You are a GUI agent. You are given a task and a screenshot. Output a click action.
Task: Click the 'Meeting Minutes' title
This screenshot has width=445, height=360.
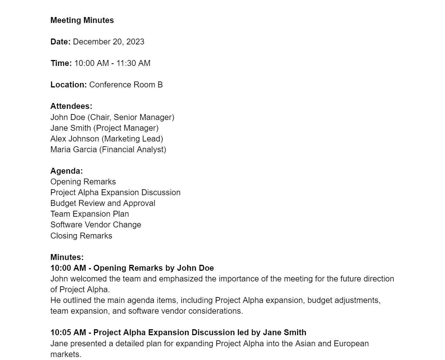pyautogui.click(x=82, y=20)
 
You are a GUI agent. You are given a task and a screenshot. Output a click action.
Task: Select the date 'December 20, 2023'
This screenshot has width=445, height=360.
pyautogui.click(x=108, y=42)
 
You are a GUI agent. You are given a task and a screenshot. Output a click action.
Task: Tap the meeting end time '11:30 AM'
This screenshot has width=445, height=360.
pyautogui.click(x=133, y=63)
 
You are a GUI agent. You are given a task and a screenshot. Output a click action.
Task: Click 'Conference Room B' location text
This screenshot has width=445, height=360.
pyautogui.click(x=126, y=85)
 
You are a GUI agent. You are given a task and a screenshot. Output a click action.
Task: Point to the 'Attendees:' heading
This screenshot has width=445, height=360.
pyautogui.click(x=71, y=106)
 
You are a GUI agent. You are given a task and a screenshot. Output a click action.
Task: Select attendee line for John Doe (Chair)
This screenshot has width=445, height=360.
pyautogui.click(x=112, y=117)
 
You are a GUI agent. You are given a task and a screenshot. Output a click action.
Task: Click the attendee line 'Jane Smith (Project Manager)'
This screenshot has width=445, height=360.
pyautogui.click(x=104, y=128)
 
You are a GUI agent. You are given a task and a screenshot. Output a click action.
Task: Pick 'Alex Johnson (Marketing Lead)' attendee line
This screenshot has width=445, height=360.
pyautogui.click(x=107, y=139)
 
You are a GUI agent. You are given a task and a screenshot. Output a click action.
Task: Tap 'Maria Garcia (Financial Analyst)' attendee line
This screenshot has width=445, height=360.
pyautogui.click(x=108, y=150)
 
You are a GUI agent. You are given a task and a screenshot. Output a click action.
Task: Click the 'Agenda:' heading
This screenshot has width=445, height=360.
pyautogui.click(x=67, y=171)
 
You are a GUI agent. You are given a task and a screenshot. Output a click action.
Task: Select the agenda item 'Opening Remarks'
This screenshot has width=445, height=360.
pyautogui.click(x=83, y=182)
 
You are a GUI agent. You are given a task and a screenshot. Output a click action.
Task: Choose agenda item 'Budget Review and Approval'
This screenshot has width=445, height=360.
pyautogui.click(x=103, y=203)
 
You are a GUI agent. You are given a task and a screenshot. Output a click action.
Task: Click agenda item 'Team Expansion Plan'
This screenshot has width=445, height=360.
pyautogui.click(x=90, y=214)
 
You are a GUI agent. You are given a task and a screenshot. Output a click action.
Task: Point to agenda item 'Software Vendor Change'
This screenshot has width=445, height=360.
pyautogui.click(x=96, y=225)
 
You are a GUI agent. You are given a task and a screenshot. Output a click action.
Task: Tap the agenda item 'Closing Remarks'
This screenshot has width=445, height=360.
pyautogui.click(x=81, y=236)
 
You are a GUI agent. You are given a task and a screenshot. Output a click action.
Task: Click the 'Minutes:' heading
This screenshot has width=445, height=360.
pyautogui.click(x=67, y=257)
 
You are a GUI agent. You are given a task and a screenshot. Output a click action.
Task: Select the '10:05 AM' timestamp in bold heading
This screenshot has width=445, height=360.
pyautogui.click(x=68, y=333)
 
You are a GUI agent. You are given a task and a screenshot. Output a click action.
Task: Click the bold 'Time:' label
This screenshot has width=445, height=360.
pyautogui.click(x=61, y=63)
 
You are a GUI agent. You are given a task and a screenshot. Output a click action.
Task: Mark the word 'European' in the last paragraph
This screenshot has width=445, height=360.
pyautogui.click(x=351, y=344)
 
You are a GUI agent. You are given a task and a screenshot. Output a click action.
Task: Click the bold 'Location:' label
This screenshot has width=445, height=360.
pyautogui.click(x=68, y=85)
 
